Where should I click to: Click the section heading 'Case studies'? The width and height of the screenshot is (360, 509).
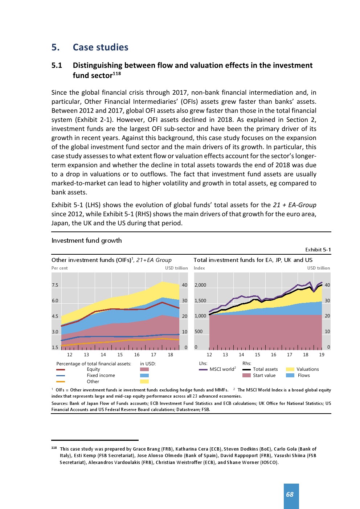[x=100, y=48]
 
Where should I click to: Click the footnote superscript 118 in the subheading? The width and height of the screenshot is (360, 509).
[x=116, y=74]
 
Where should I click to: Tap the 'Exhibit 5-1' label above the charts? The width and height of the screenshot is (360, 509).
[x=318, y=250]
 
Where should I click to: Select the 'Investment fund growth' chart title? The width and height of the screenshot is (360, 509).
[x=86, y=241]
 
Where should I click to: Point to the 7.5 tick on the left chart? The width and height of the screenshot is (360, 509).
[x=55, y=285]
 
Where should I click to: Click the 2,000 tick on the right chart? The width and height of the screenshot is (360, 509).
[x=200, y=285]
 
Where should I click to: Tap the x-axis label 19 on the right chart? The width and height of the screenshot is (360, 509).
[x=322, y=355]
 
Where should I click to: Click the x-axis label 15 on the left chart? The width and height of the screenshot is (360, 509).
[x=120, y=355]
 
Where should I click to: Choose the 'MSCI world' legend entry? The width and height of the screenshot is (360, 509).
[x=222, y=369]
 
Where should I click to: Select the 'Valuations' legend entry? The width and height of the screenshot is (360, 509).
[x=307, y=369]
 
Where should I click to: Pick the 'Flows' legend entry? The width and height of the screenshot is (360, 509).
[x=303, y=375]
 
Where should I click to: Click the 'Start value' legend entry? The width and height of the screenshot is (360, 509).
[x=264, y=375]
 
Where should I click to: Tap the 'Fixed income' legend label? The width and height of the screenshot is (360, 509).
[x=101, y=375]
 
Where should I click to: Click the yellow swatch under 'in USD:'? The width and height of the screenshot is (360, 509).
[x=144, y=382]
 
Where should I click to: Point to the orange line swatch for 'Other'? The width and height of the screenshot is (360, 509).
[x=61, y=382]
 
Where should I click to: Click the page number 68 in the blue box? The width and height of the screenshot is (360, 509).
[x=290, y=494]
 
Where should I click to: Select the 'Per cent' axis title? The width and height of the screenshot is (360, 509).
[x=60, y=268]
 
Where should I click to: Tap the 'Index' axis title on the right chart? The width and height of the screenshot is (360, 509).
[x=199, y=268]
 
